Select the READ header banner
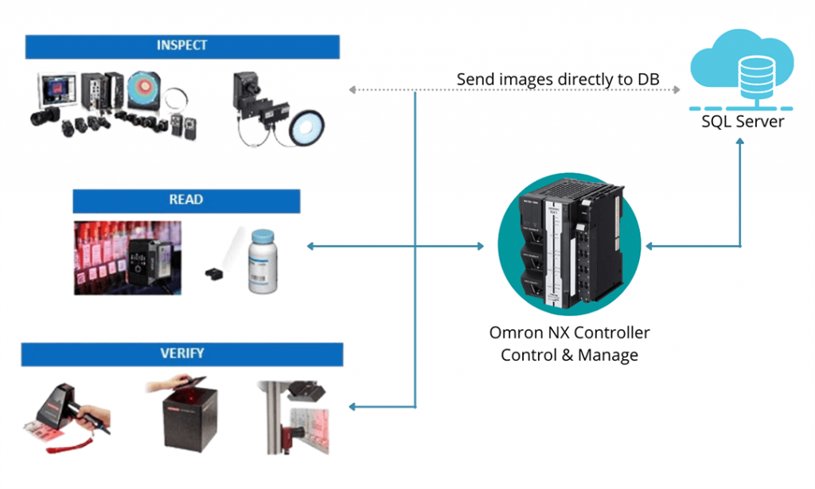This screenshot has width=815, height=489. (186, 201)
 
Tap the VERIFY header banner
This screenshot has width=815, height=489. (181, 354)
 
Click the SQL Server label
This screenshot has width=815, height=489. (742, 122)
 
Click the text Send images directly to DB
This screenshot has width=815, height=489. (557, 80)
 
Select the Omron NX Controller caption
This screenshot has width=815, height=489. (569, 333)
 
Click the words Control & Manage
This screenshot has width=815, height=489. (569, 355)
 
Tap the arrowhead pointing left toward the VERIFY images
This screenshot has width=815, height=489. (353, 407)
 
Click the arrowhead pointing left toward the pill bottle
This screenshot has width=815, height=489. (310, 247)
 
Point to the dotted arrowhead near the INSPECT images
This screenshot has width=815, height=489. (353, 90)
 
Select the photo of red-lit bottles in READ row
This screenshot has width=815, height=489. (127, 257)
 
